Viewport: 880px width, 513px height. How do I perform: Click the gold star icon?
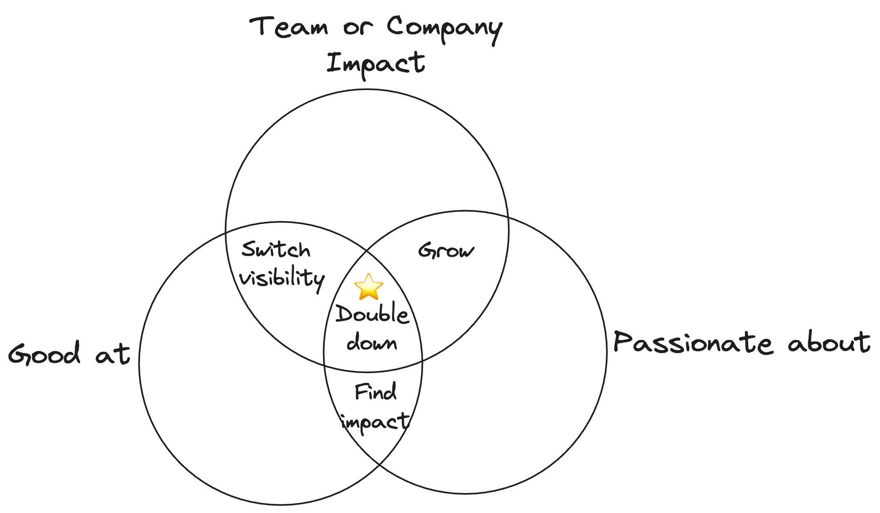click(368, 287)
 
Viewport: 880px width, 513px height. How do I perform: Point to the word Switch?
click(276, 250)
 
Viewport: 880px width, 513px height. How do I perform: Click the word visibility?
click(282, 279)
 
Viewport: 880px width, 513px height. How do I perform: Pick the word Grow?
click(446, 250)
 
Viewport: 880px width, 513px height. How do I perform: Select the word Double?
click(372, 314)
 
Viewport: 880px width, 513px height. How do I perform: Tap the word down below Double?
click(372, 343)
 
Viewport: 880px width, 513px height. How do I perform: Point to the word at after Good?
click(113, 354)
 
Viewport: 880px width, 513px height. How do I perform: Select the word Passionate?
click(693, 343)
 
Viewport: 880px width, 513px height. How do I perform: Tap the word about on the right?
click(829, 343)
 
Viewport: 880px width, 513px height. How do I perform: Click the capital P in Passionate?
click(623, 342)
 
